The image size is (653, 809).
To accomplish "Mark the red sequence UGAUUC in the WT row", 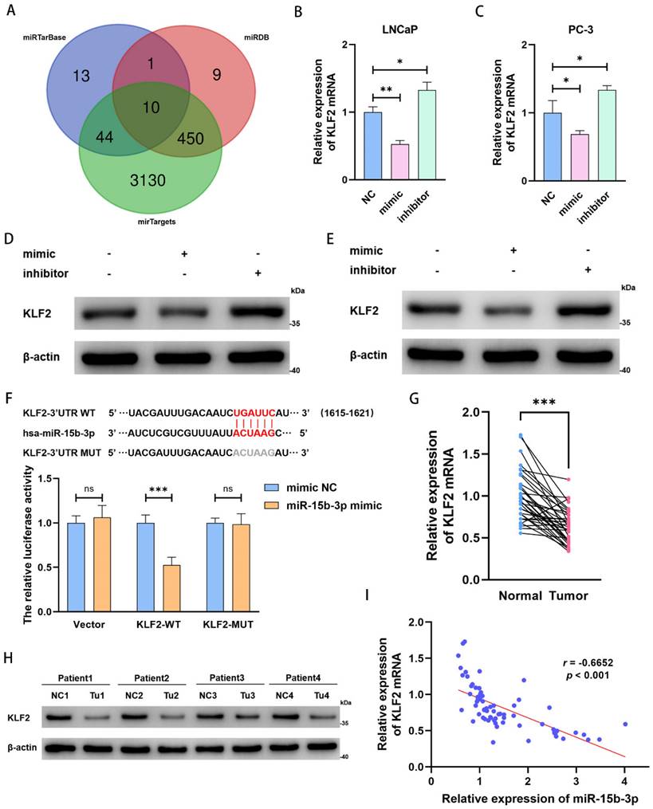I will point(255,413).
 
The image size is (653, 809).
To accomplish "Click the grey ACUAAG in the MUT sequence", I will point(254,451).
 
